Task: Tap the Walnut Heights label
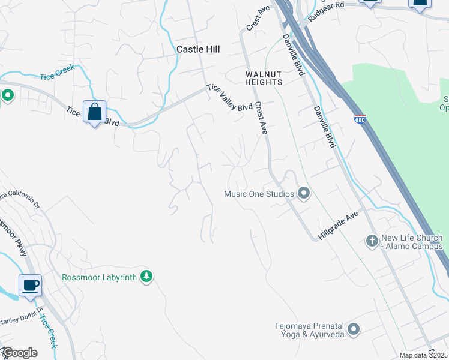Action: pyautogui.click(x=263, y=77)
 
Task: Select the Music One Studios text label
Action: pyautogui.click(x=259, y=194)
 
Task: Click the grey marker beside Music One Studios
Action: pyautogui.click(x=304, y=193)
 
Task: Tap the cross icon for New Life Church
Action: pyautogui.click(x=372, y=241)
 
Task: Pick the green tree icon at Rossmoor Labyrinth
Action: pyautogui.click(x=146, y=276)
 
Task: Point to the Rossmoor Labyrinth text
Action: pyautogui.click(x=99, y=277)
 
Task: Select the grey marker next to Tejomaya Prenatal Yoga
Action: pyautogui.click(x=354, y=329)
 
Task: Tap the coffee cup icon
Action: pyautogui.click(x=30, y=285)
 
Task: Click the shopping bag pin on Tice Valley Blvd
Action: pyautogui.click(x=95, y=112)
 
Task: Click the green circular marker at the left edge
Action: pyautogui.click(x=7, y=95)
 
